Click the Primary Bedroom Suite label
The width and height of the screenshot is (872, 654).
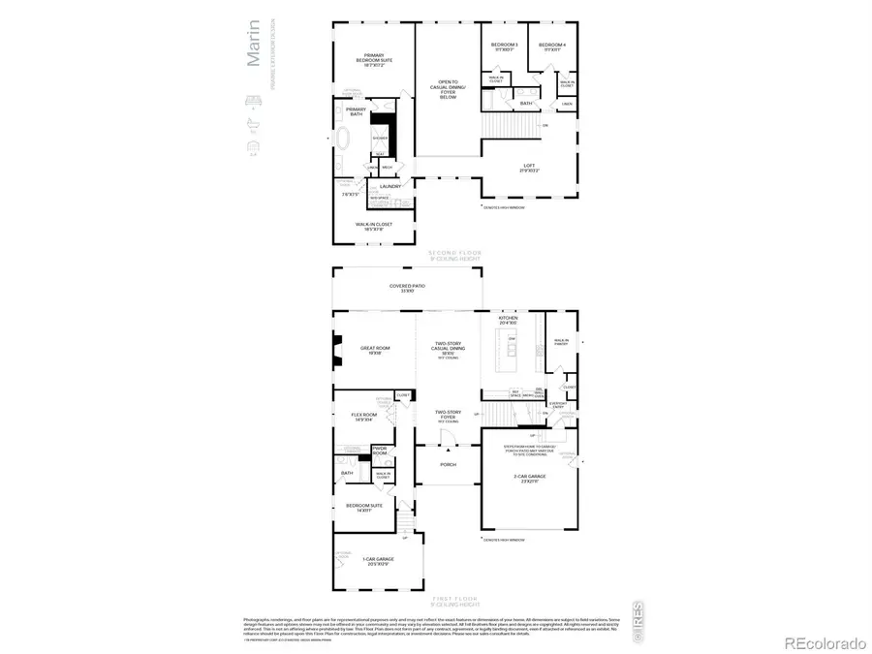coord(374,59)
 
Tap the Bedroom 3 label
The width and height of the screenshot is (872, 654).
coord(503,46)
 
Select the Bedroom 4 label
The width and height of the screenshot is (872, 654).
coord(552,46)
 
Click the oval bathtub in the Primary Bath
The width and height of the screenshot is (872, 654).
coord(347,140)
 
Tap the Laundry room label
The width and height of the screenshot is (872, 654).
coord(390,186)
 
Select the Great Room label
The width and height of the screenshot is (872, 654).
coord(375,351)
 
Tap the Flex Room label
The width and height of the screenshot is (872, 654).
coord(363,417)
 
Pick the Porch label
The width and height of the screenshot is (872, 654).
coord(448,463)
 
